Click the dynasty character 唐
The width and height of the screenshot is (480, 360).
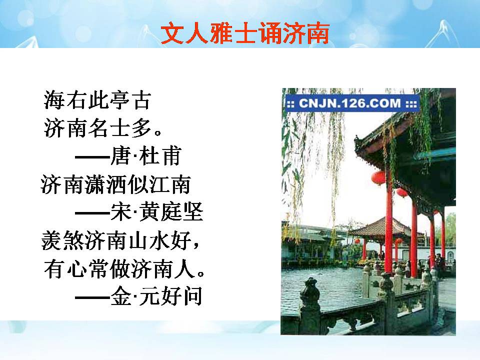coord(120,157)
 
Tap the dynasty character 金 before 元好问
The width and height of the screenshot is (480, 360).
coord(120,297)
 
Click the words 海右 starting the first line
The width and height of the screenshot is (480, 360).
coord(67,101)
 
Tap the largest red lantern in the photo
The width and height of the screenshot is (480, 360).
coord(379,177)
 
